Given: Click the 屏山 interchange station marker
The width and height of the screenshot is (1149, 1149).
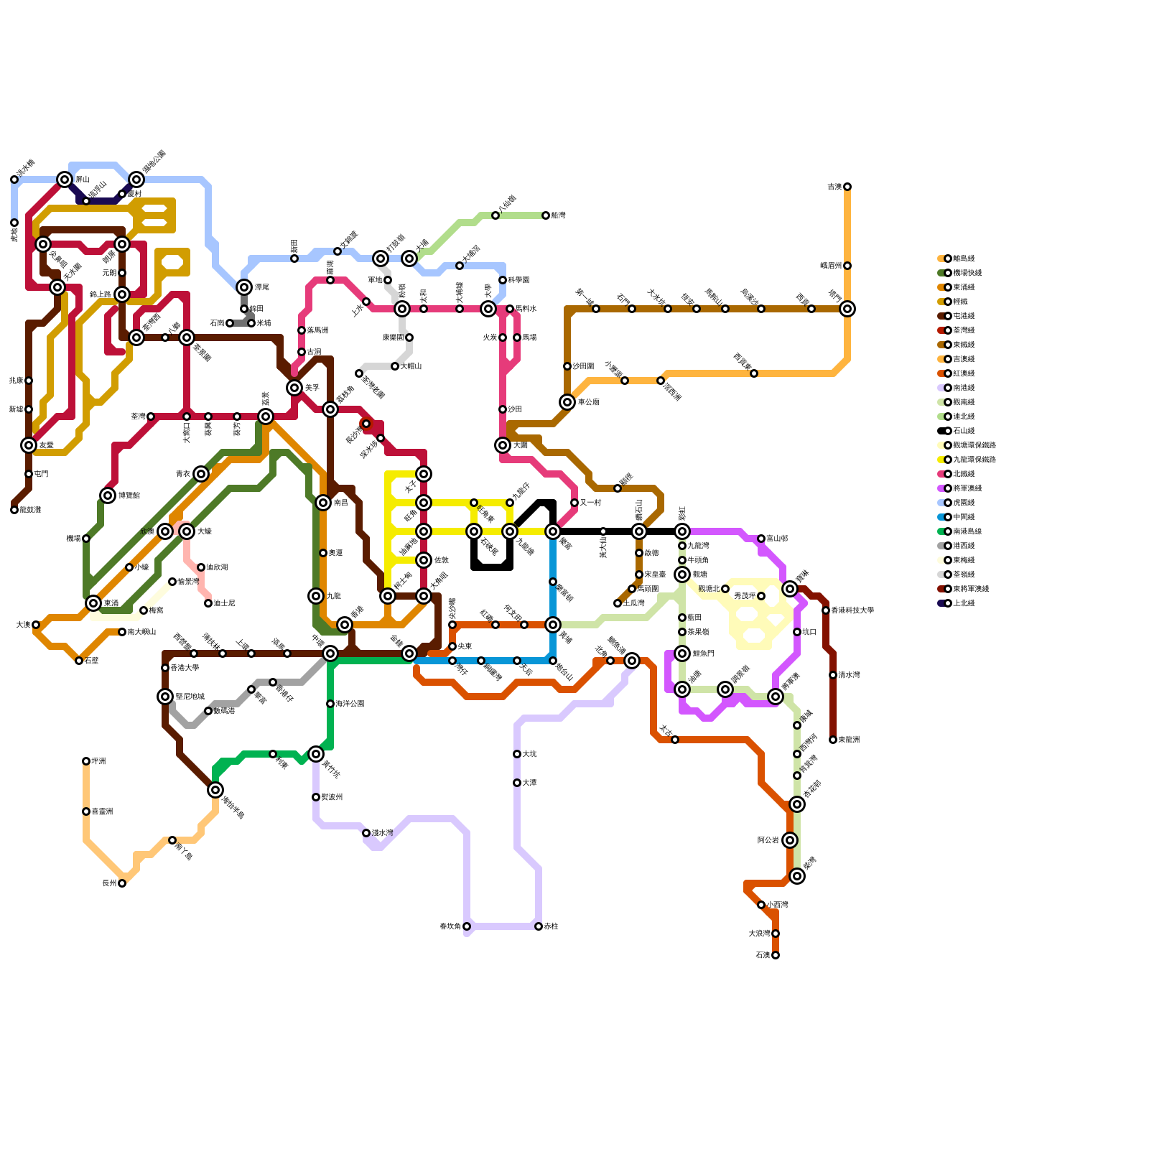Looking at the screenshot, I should (x=65, y=180).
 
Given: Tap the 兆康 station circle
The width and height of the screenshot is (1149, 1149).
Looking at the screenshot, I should (x=29, y=381).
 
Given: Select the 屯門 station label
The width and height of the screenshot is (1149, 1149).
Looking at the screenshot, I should (x=41, y=474).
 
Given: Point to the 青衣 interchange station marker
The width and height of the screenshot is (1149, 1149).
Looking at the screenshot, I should (x=201, y=474).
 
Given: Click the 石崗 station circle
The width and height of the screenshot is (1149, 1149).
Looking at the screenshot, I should (x=230, y=323).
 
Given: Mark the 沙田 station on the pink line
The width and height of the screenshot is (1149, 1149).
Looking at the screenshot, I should (x=503, y=409).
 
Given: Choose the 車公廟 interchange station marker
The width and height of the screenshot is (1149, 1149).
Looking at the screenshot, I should (x=567, y=402).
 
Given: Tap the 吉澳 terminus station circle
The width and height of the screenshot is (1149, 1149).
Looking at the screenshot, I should (x=847, y=187).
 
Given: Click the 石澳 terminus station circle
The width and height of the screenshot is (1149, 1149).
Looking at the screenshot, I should (x=776, y=955).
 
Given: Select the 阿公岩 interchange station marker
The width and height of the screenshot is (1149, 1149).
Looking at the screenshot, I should (x=790, y=840).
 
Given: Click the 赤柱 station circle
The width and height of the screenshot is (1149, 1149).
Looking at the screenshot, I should (x=539, y=926).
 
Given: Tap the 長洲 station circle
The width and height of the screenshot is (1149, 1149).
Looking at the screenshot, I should (x=122, y=883).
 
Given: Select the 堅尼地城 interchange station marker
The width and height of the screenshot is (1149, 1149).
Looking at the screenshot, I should (x=165, y=697).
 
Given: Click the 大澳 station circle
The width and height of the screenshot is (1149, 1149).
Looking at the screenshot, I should (x=36, y=625).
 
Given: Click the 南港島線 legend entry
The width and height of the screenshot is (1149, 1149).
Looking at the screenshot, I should (x=967, y=531).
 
